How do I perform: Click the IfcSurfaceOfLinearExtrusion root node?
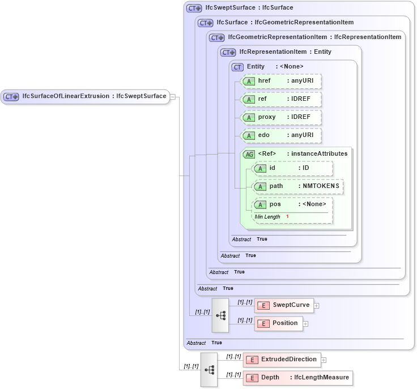click(85, 96)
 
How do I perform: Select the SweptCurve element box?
click(283, 305)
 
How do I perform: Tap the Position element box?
click(279, 323)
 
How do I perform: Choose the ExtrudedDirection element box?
click(282, 360)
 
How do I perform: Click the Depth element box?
click(297, 378)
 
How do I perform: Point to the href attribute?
click(281, 81)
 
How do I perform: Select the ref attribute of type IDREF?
click(281, 99)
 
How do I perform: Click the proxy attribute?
click(281, 117)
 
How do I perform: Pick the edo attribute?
click(281, 135)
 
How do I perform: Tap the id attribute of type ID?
click(292, 168)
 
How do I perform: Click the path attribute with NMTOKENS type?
click(297, 186)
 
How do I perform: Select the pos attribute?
click(292, 204)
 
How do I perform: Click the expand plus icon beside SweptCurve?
click(317, 306)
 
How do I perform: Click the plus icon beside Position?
click(305, 324)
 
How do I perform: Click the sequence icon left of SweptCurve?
click(220, 315)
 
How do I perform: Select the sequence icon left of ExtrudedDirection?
click(209, 369)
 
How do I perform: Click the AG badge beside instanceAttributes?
click(249, 154)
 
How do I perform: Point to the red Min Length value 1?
click(287, 217)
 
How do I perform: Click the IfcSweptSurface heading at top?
click(241, 8)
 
